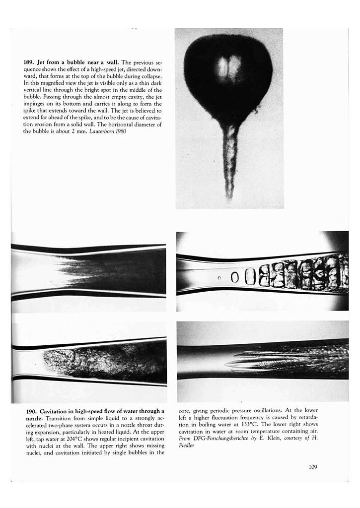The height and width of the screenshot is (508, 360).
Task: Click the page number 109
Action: [312, 466]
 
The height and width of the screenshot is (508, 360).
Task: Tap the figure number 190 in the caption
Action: [30, 411]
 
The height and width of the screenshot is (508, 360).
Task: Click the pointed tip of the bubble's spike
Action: [229, 197]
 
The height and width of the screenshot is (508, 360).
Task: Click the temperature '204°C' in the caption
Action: [71, 432]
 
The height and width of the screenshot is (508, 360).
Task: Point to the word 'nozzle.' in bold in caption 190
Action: [34, 418]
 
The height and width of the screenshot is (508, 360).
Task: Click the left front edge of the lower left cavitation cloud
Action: [45, 359]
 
